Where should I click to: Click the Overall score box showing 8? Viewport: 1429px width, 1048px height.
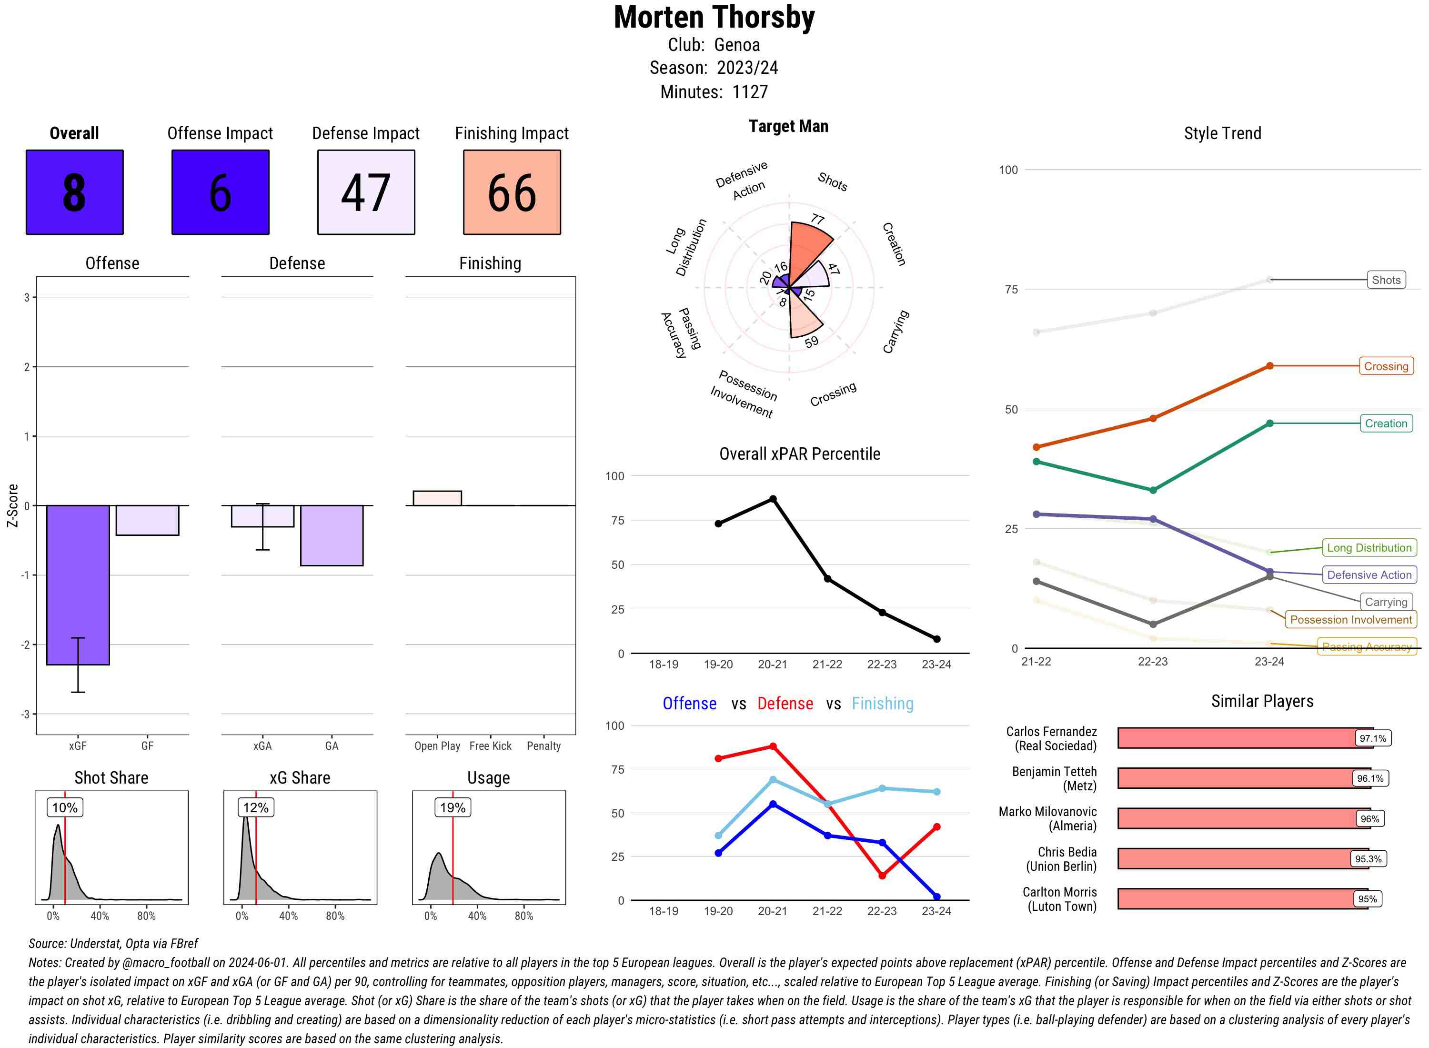point(74,192)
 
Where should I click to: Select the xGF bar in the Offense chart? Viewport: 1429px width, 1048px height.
point(78,584)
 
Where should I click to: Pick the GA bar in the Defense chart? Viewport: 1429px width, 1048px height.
point(331,535)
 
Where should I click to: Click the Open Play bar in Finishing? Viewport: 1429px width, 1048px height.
point(437,498)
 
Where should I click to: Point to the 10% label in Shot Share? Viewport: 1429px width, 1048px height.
point(65,807)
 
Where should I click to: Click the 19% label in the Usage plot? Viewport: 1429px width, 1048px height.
point(453,807)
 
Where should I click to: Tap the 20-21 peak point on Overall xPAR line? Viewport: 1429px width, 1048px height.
point(773,499)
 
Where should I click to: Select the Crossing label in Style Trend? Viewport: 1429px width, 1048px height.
point(1385,366)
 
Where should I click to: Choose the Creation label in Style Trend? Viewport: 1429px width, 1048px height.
point(1385,423)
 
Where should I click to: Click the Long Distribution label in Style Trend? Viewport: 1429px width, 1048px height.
point(1369,547)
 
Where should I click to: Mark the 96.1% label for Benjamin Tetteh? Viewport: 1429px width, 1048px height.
point(1369,778)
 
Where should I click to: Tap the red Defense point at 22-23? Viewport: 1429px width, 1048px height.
point(882,876)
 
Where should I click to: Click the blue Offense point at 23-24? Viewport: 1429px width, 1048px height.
point(936,897)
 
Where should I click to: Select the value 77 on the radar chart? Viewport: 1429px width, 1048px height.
point(817,220)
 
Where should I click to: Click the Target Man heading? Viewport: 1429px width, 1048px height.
point(788,126)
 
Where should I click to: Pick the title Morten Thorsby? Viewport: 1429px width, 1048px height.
point(714,17)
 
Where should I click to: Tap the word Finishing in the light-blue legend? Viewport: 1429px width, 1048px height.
point(882,704)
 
